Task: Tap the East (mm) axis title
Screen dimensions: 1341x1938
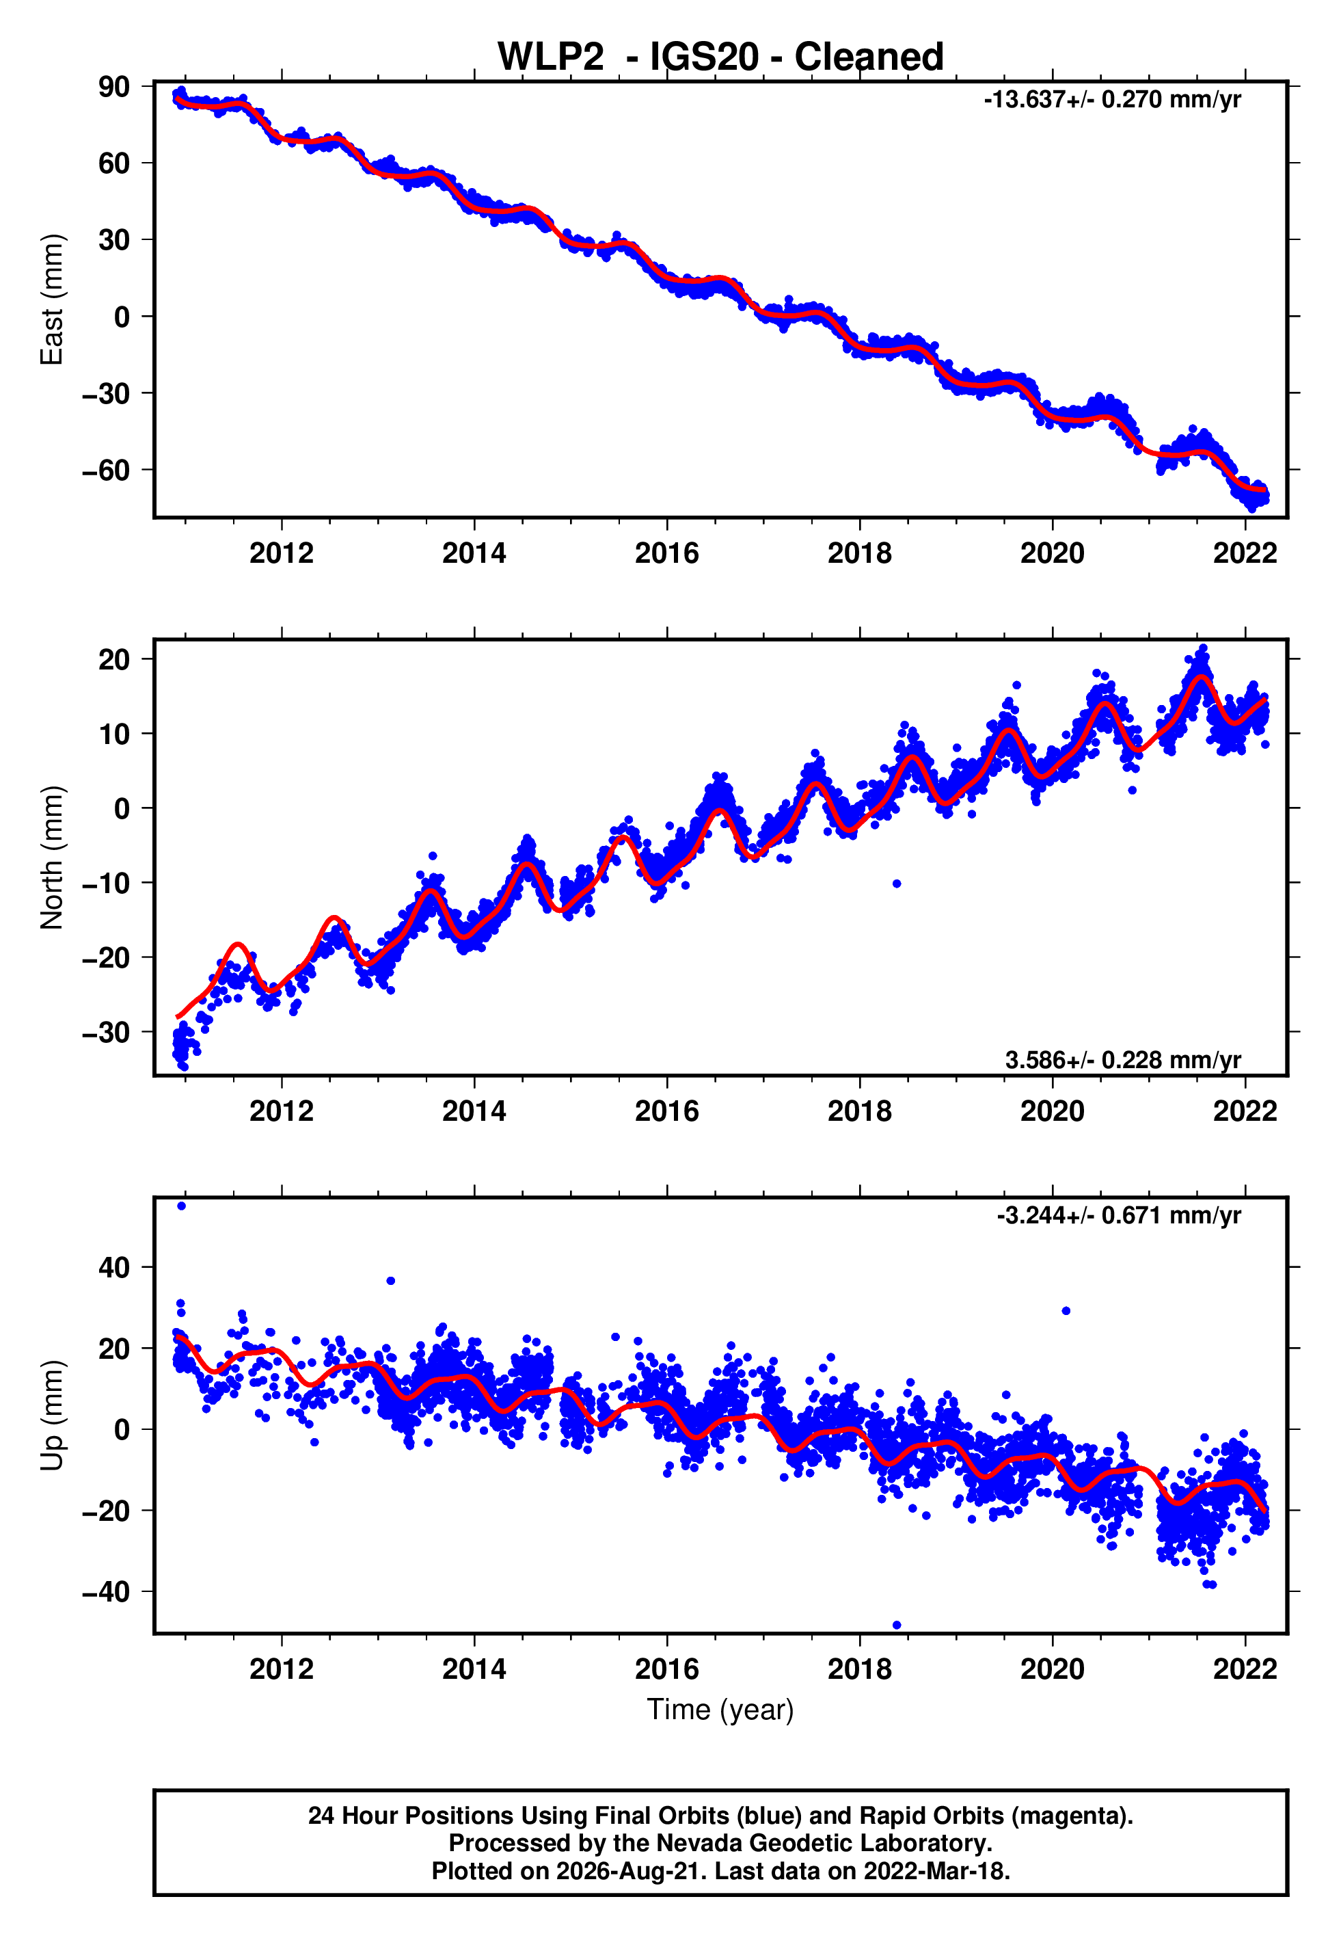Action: [x=52, y=300]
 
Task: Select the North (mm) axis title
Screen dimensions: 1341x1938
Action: [x=52, y=858]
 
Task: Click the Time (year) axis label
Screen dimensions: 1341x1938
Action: [x=720, y=1710]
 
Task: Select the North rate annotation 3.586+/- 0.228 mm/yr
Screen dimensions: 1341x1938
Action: [x=1122, y=1060]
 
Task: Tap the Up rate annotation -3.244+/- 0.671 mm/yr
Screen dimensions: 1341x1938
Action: [x=1118, y=1215]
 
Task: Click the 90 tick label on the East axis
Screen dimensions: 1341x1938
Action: [x=114, y=87]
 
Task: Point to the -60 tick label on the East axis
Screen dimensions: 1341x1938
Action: [x=106, y=470]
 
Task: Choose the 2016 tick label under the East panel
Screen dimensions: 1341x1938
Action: [x=666, y=553]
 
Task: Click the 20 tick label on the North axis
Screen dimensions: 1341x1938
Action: [x=114, y=659]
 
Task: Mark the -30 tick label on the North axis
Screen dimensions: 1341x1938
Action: [x=106, y=1032]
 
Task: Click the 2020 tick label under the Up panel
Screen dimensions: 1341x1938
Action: [x=1052, y=1669]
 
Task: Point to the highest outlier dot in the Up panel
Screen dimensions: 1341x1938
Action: [x=182, y=1206]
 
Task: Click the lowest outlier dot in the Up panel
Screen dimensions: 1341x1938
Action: [x=897, y=1625]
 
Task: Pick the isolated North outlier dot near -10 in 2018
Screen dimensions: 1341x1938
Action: [x=897, y=884]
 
